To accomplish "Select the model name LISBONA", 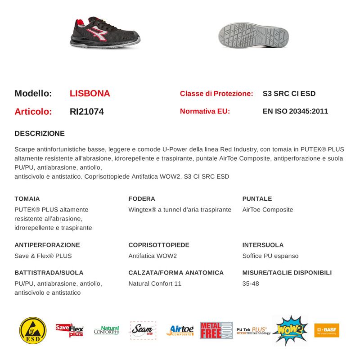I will [x=90, y=94].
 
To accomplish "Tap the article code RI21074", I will [x=87, y=112].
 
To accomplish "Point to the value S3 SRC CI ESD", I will [x=289, y=94].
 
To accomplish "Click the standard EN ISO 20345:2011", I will [x=295, y=111].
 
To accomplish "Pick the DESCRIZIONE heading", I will [x=40, y=134].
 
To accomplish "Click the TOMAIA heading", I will [x=27, y=198].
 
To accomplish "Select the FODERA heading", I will [x=142, y=198].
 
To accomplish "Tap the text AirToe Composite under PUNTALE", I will [x=267, y=210].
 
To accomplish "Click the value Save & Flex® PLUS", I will [x=43, y=256].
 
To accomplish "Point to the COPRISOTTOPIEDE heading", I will [x=159, y=245].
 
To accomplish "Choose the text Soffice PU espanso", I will [x=270, y=256].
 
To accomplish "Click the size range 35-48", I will [x=251, y=283].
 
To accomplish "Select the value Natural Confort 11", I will [x=155, y=283].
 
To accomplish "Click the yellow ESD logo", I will [x=33, y=330].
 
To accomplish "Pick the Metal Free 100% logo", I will [x=216, y=330].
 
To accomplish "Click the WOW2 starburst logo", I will [x=290, y=330].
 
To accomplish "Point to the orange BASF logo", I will [x=327, y=330].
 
